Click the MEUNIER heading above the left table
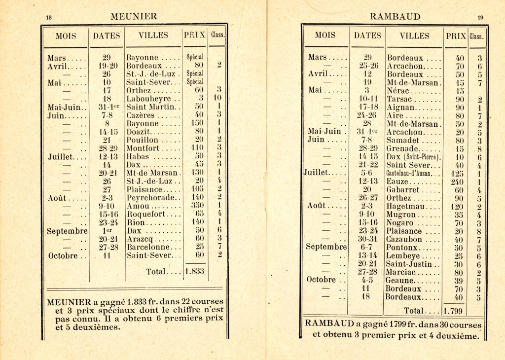[134, 16]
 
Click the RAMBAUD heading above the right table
[395, 17]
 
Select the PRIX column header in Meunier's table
[195, 36]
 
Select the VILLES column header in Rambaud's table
[414, 36]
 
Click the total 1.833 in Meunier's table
[194, 271]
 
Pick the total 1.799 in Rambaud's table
[453, 311]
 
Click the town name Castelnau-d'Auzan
[414, 173]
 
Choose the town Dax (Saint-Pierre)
[413, 156]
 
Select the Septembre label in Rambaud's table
[326, 247]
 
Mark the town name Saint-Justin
[409, 264]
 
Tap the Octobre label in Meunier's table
[63, 255]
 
